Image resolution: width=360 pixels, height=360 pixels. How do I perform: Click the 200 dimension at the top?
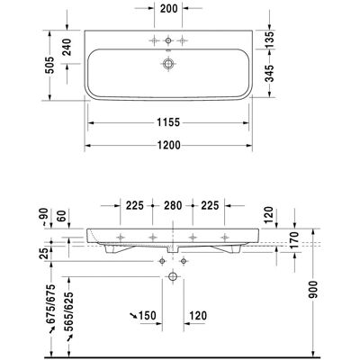[x=168, y=8]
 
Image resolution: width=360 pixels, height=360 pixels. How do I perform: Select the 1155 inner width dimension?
[x=168, y=122]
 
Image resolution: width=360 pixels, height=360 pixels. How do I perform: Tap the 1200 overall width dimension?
[x=169, y=145]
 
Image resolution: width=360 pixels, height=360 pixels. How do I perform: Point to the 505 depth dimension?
[x=49, y=65]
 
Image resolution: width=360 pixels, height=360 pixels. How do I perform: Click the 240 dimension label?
[x=67, y=47]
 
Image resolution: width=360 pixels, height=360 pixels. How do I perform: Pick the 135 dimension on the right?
[x=270, y=39]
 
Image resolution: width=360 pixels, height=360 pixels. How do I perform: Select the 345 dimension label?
[x=270, y=73]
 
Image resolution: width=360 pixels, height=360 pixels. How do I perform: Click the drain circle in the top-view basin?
[x=168, y=64]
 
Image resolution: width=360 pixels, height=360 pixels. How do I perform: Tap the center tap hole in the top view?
[x=168, y=40]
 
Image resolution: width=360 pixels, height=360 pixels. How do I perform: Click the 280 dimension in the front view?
[x=173, y=205]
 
